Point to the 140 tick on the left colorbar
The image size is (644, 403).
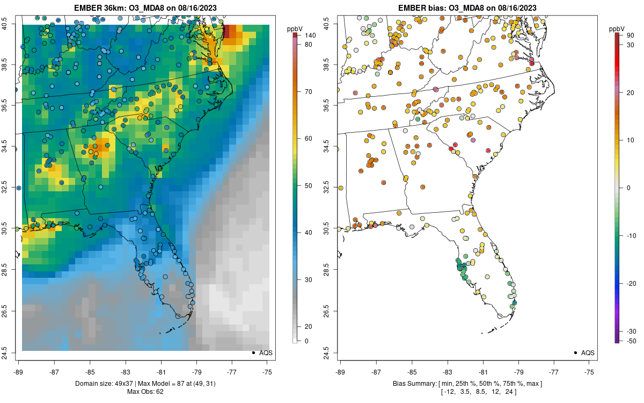[309, 35]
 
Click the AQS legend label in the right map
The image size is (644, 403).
[588, 353]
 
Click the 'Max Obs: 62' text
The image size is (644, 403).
[145, 392]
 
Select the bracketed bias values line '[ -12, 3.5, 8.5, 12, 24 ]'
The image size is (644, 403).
[467, 392]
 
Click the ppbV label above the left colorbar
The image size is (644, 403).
[296, 28]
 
